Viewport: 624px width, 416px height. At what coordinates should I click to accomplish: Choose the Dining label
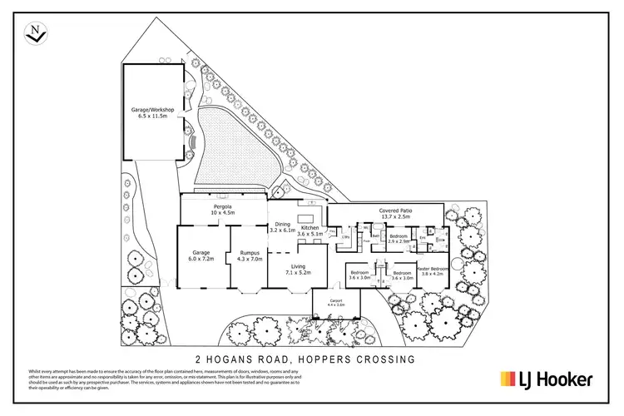284,224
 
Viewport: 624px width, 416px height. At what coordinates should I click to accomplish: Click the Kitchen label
310,227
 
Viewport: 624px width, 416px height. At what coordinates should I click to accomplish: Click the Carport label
338,301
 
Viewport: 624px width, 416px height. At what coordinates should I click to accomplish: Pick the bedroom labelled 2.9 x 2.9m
399,236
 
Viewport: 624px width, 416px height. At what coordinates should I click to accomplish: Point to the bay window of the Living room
298,292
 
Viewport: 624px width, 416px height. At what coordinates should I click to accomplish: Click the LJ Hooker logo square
507,379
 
